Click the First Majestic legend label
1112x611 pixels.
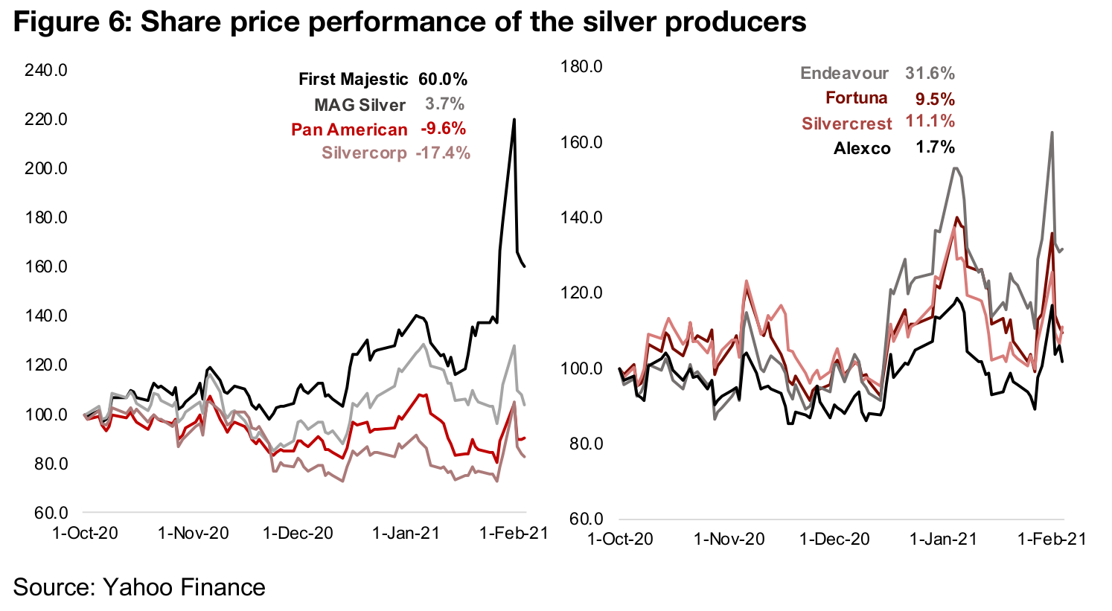353,80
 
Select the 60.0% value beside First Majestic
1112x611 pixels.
443,80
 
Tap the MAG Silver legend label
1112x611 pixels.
360,105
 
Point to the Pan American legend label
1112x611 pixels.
349,129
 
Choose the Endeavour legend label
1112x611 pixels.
844,73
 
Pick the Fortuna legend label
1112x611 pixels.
856,98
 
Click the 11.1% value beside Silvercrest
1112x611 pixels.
930,121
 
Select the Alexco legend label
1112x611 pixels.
862,148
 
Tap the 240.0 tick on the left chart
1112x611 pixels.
46,71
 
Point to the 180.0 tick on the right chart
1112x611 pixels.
581,67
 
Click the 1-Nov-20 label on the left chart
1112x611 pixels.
194,534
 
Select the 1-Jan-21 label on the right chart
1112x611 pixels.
943,539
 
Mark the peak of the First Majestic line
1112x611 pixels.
514,119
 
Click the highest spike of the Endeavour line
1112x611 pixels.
1052,132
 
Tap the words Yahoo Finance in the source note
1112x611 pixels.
184,587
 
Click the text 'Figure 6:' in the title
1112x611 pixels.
71,22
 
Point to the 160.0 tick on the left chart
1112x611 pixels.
46,267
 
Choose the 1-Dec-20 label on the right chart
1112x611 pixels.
834,539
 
